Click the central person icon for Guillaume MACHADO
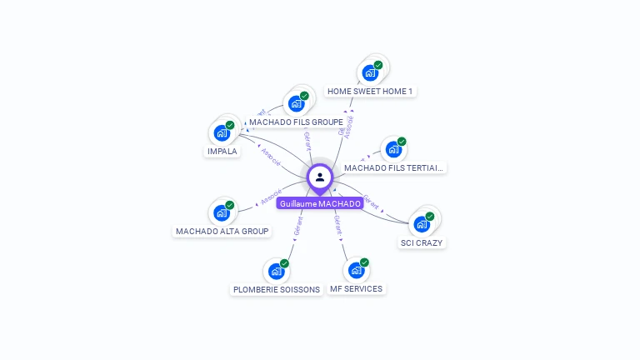point(320,177)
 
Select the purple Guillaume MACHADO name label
point(320,203)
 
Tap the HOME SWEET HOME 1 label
point(370,91)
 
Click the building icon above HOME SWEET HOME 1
point(370,72)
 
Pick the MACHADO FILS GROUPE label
point(296,122)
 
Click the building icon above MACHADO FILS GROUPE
point(296,103)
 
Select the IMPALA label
point(222,152)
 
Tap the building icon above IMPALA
point(222,132)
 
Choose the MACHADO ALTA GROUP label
point(222,231)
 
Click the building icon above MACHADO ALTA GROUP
point(222,212)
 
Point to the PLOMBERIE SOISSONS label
point(276,289)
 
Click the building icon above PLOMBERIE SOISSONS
point(276,271)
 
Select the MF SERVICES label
point(356,288)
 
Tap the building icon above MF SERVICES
point(356,270)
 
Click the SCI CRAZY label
point(422,242)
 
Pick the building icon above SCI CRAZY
point(422,223)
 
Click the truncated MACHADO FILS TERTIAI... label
point(394,167)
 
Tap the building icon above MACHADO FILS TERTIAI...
point(393,149)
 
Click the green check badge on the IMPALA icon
point(230,125)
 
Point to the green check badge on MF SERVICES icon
point(364,262)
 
